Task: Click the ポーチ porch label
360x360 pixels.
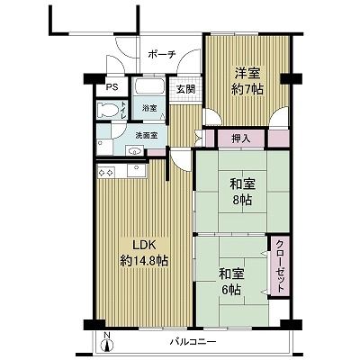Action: [162, 55]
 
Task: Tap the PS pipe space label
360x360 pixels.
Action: [112, 87]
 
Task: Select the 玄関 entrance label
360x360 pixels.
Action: [185, 89]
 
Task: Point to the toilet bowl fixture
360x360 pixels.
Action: [108, 110]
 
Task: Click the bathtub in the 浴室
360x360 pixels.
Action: [148, 87]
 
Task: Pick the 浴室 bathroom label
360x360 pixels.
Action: [149, 108]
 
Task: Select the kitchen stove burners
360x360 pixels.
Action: [106, 173]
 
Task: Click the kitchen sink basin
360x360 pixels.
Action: [137, 170]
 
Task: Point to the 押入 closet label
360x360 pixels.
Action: [240, 139]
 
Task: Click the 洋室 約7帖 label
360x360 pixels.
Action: [247, 81]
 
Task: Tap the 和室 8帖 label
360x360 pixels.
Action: [243, 193]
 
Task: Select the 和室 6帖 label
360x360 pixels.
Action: [231, 282]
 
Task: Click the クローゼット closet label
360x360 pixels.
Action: [280, 266]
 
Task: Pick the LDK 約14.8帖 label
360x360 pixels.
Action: [144, 253]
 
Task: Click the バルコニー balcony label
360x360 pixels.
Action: [193, 342]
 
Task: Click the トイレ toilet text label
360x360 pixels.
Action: [124, 110]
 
